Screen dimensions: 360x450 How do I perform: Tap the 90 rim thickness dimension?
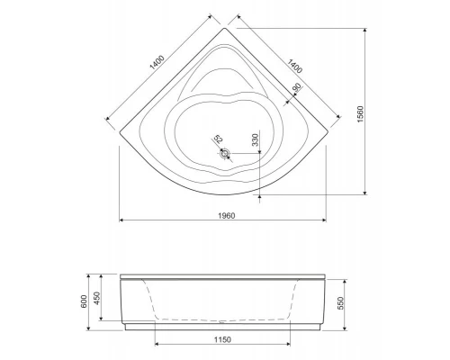(x=297, y=87)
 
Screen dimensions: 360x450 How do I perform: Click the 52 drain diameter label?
(x=217, y=140)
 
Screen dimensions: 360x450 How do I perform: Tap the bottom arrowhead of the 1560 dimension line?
(x=364, y=192)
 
